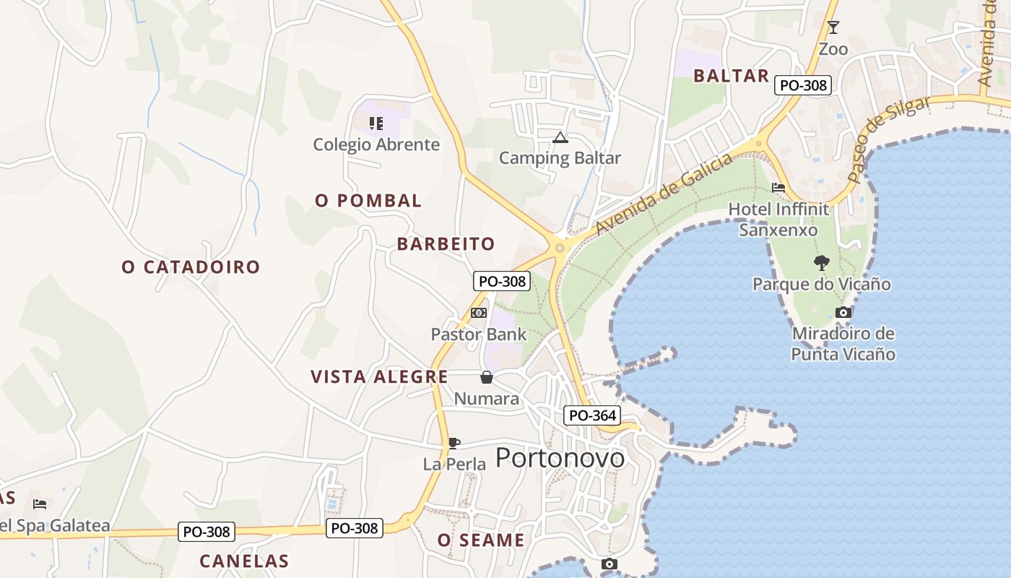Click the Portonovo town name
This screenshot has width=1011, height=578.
click(x=560, y=458)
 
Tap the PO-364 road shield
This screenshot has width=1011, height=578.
click(x=591, y=415)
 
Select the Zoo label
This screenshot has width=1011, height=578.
click(x=833, y=49)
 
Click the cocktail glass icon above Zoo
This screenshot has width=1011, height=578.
click(x=833, y=27)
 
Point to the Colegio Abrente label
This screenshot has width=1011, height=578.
click(x=376, y=144)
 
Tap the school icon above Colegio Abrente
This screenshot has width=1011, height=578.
click(x=376, y=124)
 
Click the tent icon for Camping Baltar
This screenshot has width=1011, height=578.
click(x=560, y=137)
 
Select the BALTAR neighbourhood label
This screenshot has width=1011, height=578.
click(x=731, y=76)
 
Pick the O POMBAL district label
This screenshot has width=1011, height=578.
click(x=368, y=201)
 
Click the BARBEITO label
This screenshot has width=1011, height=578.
click(x=446, y=244)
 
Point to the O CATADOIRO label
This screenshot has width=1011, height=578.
click(x=191, y=267)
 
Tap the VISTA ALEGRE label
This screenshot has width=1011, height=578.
click(x=379, y=377)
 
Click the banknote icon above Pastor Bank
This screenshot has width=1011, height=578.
click(x=478, y=313)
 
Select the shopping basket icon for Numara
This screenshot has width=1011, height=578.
click(x=487, y=377)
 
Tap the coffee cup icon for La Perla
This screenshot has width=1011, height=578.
click(x=454, y=443)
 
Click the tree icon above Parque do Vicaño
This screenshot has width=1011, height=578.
click(x=821, y=262)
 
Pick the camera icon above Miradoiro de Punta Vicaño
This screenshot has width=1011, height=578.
click(x=843, y=312)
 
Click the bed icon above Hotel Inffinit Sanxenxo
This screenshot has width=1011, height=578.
click(x=778, y=188)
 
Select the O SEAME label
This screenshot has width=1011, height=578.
click(x=481, y=540)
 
